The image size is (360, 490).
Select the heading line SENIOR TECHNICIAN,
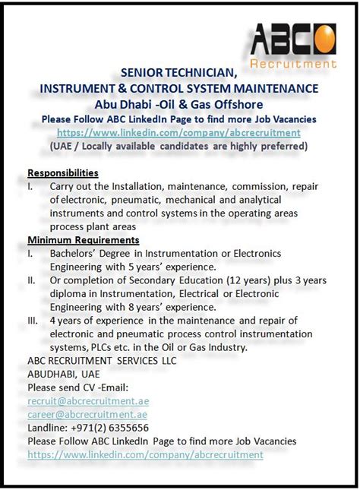point(179,73)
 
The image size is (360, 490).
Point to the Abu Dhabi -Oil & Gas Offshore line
point(179,103)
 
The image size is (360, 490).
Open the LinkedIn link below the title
point(179,132)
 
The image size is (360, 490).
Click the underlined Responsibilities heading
point(63,172)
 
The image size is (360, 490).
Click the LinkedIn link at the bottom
point(145,454)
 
